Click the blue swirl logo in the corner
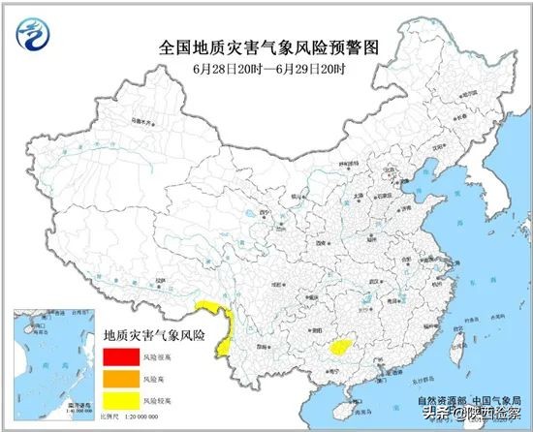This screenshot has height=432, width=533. [x=35, y=37]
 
